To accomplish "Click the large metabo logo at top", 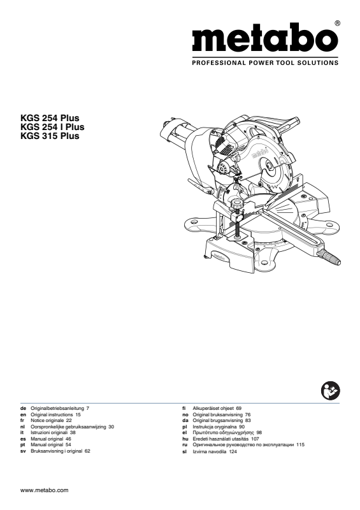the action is click(264, 37).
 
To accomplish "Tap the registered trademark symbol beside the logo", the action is click(338, 23).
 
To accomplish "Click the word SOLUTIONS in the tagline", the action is click(317, 62).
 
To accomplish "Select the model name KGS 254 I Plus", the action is click(52, 127).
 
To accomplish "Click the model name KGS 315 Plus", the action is click(50, 136).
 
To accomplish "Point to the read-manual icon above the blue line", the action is click(330, 391).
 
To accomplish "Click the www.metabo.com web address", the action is click(44, 490).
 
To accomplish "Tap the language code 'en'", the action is click(23, 415).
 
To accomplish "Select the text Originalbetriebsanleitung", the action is click(57, 408).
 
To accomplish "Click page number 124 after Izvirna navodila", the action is click(233, 452).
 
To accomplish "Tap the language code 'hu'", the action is click(185, 439).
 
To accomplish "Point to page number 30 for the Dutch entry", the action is click(112, 426).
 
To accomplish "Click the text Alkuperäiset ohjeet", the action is click(213, 408).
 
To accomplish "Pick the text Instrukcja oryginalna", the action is click(214, 426).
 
